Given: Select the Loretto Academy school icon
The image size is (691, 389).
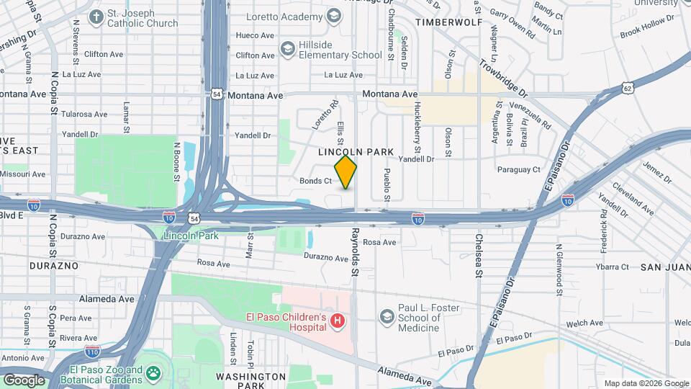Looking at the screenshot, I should tap(333, 15).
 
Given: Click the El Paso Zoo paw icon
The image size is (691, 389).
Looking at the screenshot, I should tap(153, 373).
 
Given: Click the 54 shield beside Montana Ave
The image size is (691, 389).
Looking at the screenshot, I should tap(217, 94).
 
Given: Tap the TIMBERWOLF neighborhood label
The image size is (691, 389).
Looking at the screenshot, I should tap(453, 22).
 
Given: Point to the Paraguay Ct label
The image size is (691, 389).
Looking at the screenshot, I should tap(518, 170).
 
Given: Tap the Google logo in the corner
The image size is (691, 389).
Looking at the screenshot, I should tap(24, 380).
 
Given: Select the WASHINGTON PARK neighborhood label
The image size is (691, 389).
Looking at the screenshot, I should tap(251, 381).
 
